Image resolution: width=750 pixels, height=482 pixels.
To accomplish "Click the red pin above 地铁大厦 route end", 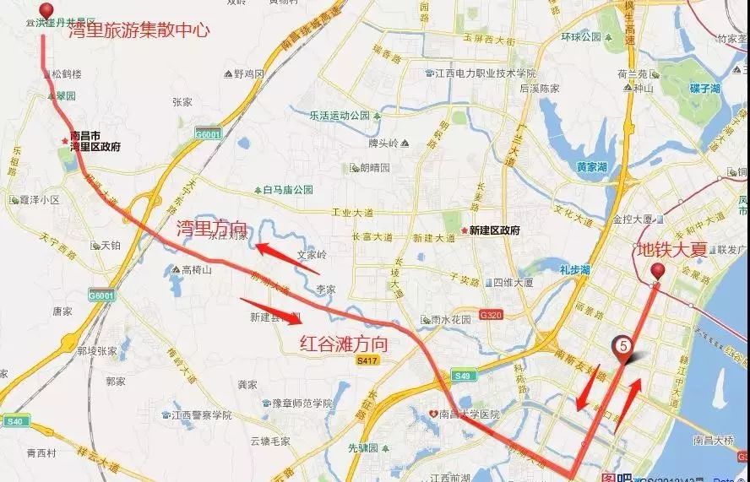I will [x=658, y=271].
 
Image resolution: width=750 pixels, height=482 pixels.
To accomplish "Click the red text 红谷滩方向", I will [x=345, y=343].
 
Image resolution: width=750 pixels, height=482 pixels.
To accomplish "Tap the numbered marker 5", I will [x=622, y=345].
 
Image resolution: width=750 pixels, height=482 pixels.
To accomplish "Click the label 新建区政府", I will [x=494, y=230].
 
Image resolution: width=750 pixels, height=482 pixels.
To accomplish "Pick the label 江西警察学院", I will [x=200, y=414].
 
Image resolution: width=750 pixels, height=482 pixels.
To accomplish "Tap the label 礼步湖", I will [x=574, y=268].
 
